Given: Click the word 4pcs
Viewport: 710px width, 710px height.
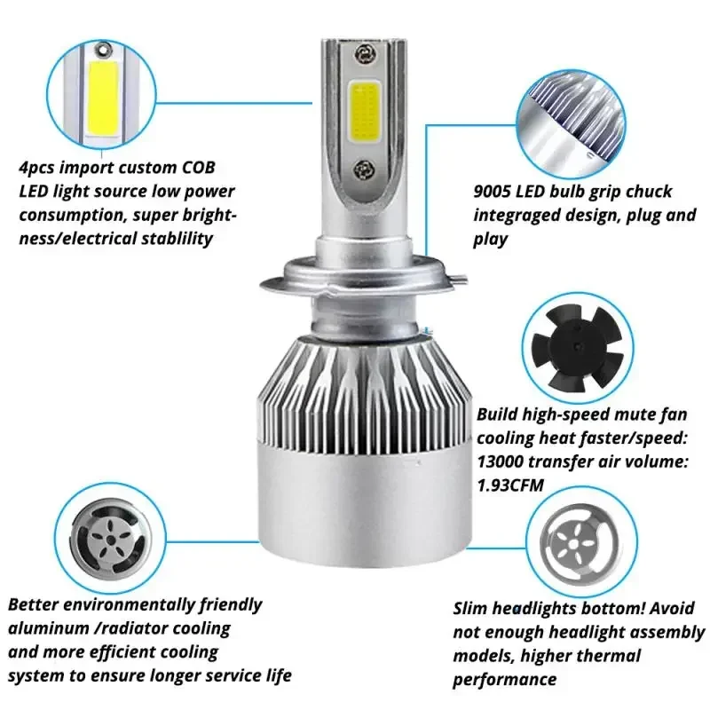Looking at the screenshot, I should click(x=40, y=169).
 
